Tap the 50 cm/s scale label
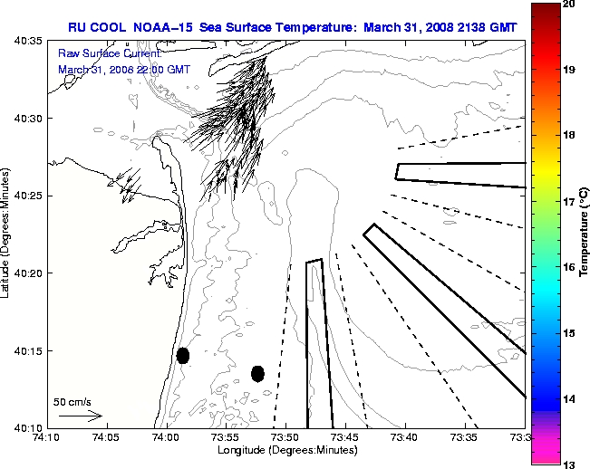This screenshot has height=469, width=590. pos(73,401)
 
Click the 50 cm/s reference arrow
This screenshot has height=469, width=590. pos(80,416)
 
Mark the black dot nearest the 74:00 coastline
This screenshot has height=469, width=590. pos(183,355)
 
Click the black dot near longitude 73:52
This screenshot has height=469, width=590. pos(257,373)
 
